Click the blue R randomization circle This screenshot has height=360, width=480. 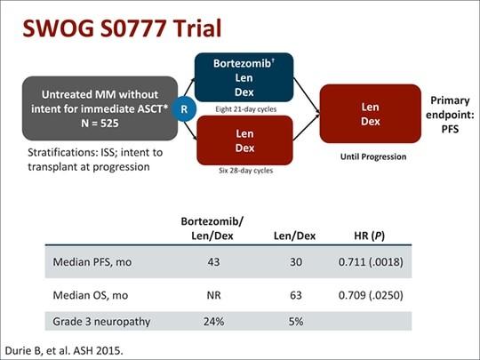(x=184, y=109)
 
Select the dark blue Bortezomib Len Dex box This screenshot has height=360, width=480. (x=244, y=77)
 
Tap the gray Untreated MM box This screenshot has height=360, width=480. (x=100, y=108)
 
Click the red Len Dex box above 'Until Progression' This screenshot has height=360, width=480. (x=371, y=114)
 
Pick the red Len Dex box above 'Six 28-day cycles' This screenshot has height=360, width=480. (x=244, y=140)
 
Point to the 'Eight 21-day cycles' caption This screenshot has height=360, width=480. (x=246, y=109)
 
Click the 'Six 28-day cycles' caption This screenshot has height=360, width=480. (x=246, y=171)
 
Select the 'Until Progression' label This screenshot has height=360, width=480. (x=373, y=156)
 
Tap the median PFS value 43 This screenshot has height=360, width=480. (x=213, y=262)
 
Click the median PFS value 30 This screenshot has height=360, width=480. (x=296, y=262)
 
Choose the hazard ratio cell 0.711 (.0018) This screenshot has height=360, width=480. (x=371, y=262)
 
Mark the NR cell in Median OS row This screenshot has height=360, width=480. (x=213, y=295)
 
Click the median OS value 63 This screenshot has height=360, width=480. (x=296, y=295)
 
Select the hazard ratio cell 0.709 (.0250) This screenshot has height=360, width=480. (x=371, y=295)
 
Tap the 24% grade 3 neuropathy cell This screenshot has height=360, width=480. (x=213, y=322)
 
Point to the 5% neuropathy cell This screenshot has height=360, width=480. (x=296, y=322)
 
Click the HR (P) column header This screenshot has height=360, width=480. (x=369, y=236)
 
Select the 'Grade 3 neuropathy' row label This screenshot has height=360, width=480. (x=101, y=322)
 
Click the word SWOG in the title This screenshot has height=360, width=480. (x=59, y=28)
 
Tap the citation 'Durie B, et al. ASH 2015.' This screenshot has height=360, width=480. (x=64, y=350)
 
